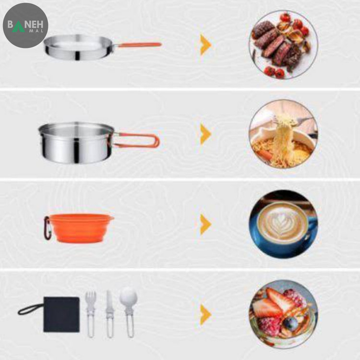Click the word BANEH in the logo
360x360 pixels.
point(25,24)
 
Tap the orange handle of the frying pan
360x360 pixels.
point(138,45)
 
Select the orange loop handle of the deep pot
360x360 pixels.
point(137,140)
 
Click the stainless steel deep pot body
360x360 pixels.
point(76,143)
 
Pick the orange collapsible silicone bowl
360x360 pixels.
point(81,228)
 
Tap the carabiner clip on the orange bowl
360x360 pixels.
point(47,228)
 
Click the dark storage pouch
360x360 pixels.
point(61,314)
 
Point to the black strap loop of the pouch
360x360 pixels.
point(30,309)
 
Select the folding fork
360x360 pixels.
point(91,314)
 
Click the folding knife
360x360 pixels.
point(110,314)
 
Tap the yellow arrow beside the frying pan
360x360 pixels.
point(205,45)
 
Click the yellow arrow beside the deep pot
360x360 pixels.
point(205,134)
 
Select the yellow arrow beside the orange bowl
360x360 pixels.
point(205,224)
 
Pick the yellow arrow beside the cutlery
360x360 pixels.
point(205,314)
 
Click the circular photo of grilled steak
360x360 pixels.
point(283,45)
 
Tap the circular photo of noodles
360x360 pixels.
point(283,134)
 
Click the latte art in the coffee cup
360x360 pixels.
point(282,223)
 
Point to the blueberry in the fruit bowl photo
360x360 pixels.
point(290,324)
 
